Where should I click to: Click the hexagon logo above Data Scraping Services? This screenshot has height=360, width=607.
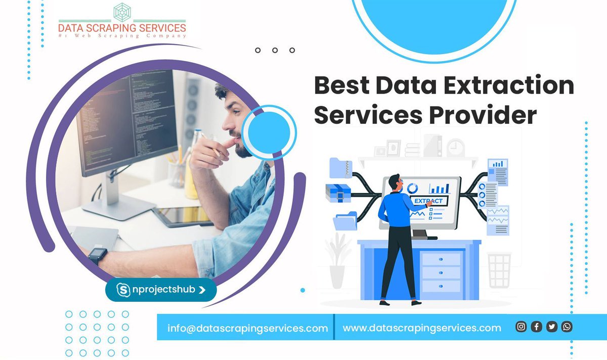122,13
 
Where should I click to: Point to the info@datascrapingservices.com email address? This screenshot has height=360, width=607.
248,328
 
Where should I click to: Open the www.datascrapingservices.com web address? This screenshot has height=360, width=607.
422,328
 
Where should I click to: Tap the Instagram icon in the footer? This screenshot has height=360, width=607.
521,327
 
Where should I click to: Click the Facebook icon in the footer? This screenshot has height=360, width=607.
536,327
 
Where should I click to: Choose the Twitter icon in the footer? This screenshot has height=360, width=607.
552,327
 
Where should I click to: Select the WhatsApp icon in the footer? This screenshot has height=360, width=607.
567,327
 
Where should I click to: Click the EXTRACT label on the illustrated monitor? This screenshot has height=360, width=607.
429,201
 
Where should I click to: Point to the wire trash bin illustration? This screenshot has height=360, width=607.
499,270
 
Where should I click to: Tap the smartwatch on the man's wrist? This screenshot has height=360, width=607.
97,256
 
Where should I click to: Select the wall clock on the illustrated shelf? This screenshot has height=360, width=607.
455,147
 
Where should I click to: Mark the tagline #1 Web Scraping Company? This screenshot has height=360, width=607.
122,36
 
